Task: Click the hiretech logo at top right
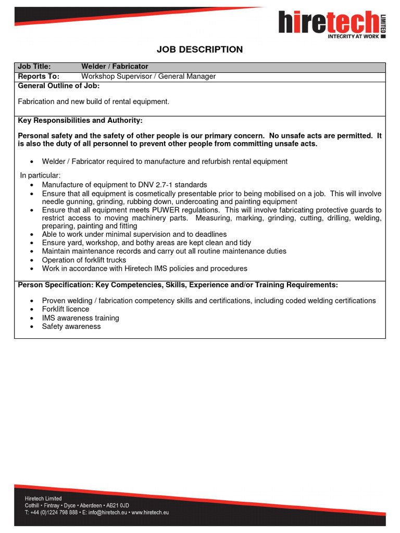[x=331, y=23]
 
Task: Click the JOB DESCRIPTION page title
[x=200, y=49]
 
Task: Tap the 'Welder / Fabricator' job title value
[x=115, y=67]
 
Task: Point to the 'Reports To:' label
[x=39, y=77]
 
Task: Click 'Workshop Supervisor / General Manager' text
[x=148, y=77]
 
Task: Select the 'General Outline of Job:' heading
[x=58, y=86]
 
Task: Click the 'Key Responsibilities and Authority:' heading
[x=80, y=120]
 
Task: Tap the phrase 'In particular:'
[x=41, y=175]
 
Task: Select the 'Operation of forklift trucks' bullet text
[x=84, y=260]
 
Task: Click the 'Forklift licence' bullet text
[x=66, y=309]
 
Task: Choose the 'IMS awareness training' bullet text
[x=81, y=318]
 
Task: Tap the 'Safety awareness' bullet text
[x=71, y=326]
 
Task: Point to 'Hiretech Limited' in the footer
[x=43, y=499]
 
